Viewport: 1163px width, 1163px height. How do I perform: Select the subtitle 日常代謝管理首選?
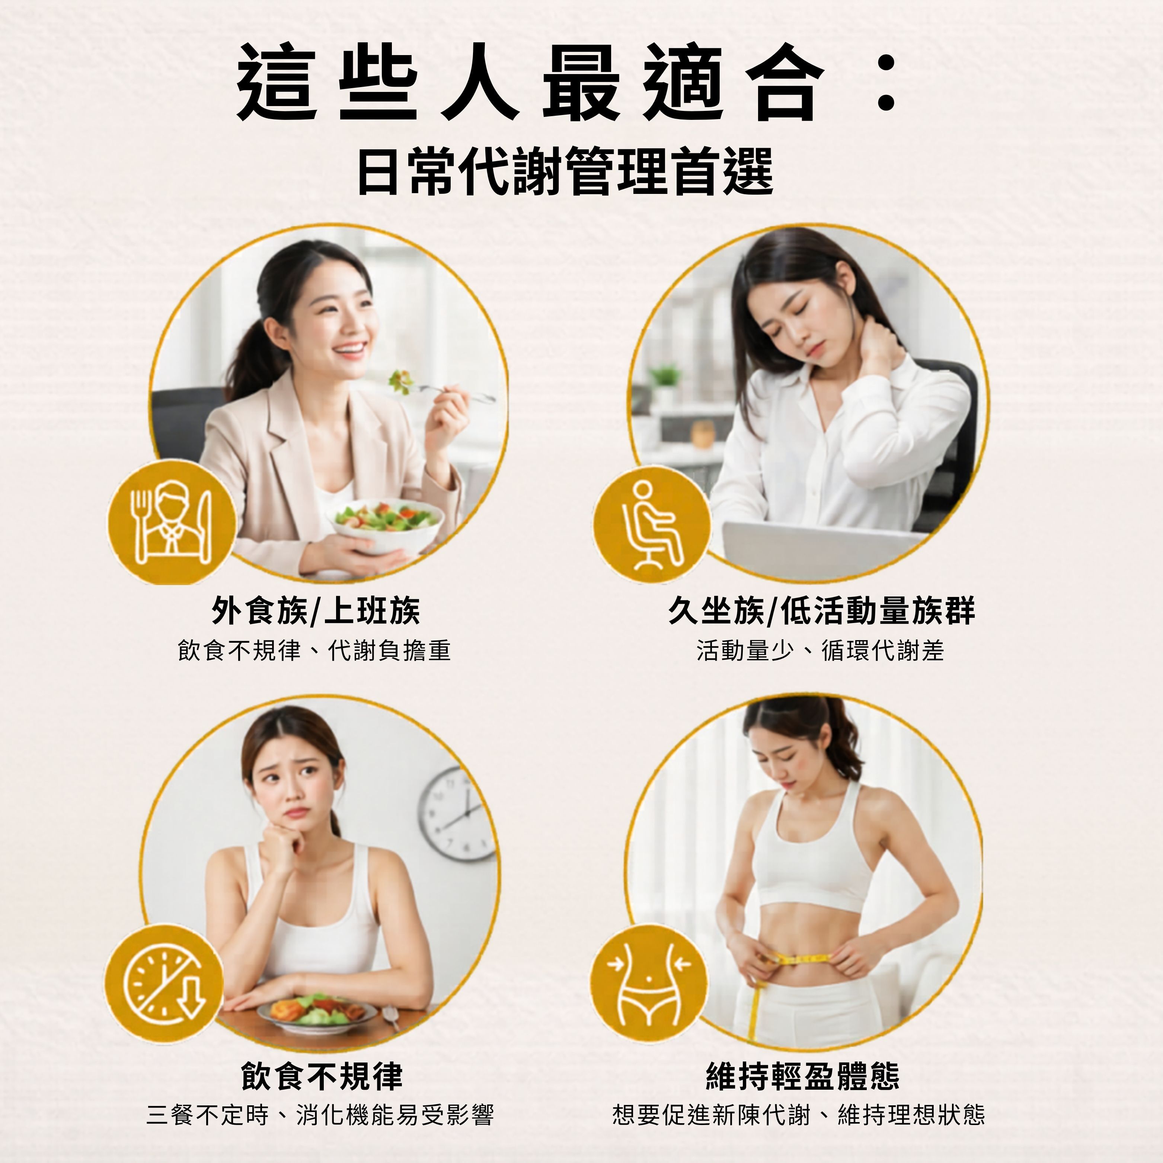pyautogui.click(x=565, y=172)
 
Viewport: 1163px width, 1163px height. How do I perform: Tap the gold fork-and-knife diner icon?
pyautogui.click(x=172, y=523)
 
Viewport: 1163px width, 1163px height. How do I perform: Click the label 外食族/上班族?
pyautogui.click(x=316, y=611)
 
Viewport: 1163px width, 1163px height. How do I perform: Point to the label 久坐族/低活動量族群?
pyautogui.click(x=822, y=611)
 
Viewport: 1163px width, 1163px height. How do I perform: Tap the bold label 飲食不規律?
pyautogui.click(x=322, y=1076)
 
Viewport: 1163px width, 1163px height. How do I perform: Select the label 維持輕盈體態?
pyautogui.click(x=802, y=1076)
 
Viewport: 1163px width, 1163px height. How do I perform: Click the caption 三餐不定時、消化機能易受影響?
pyautogui.click(x=320, y=1115)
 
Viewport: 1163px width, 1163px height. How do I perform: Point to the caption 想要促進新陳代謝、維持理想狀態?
pyautogui.click(x=799, y=1115)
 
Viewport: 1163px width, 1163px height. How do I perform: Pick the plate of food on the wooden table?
pyautogui.click(x=317, y=1014)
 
